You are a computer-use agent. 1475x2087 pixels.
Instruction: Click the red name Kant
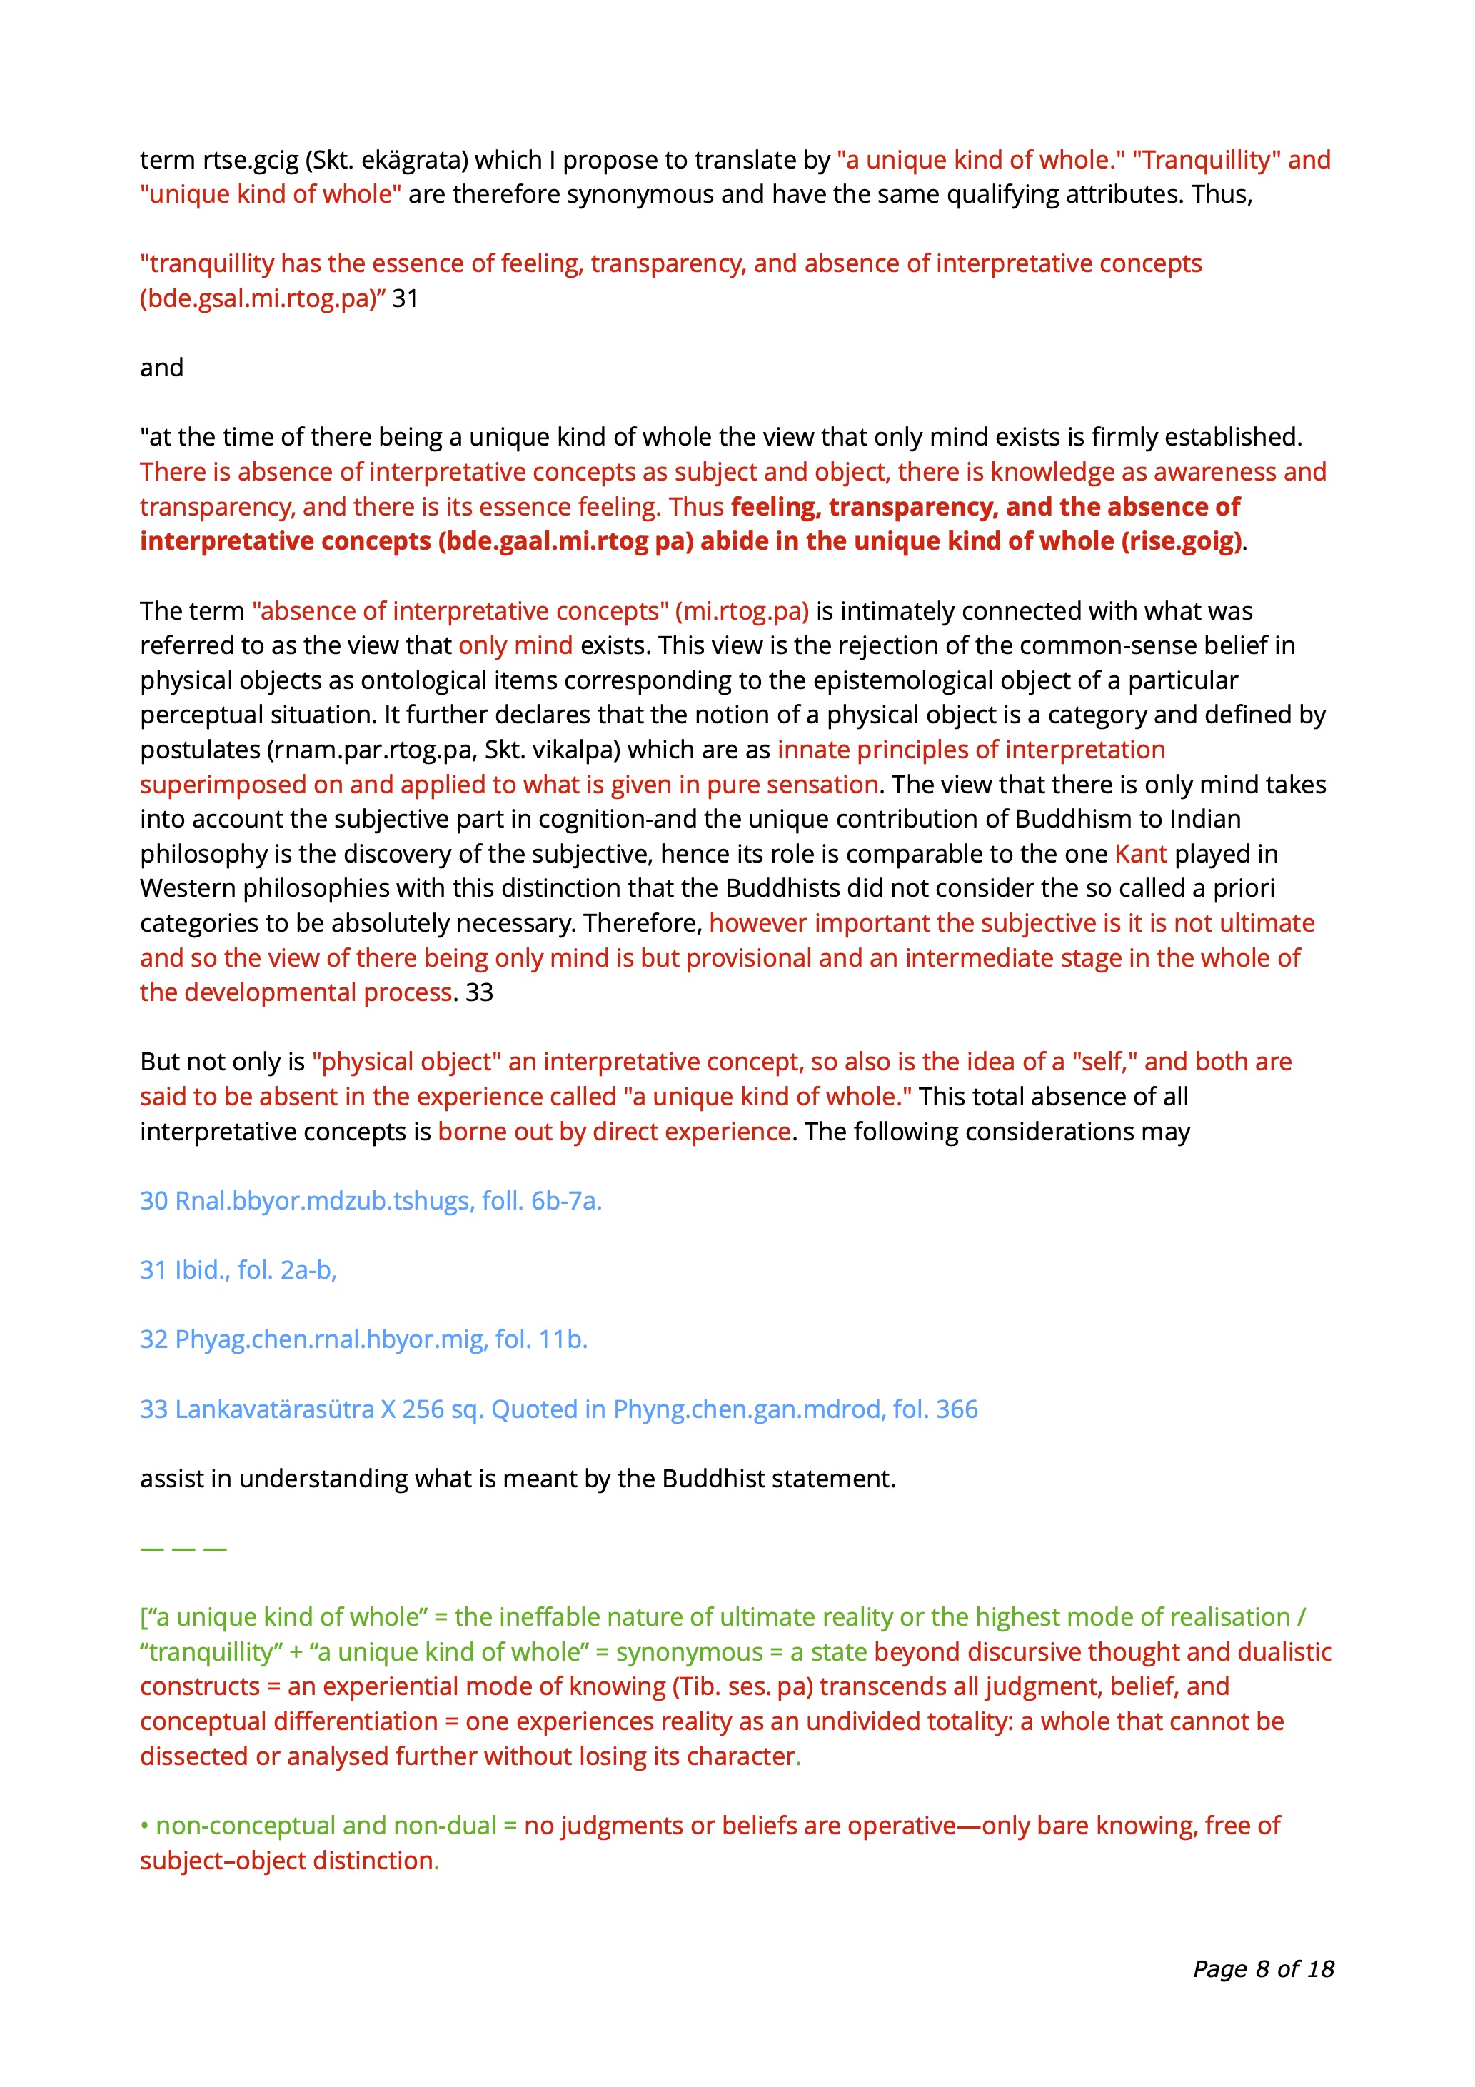[x=1141, y=855]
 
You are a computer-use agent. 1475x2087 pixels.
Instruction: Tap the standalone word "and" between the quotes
[x=162, y=368]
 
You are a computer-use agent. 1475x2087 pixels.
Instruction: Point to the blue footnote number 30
[x=153, y=1201]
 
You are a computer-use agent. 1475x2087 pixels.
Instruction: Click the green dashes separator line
[x=183, y=1548]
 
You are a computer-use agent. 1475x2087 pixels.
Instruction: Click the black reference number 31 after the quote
[x=404, y=299]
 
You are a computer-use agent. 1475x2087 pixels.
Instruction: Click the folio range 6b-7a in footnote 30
[x=565, y=1201]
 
